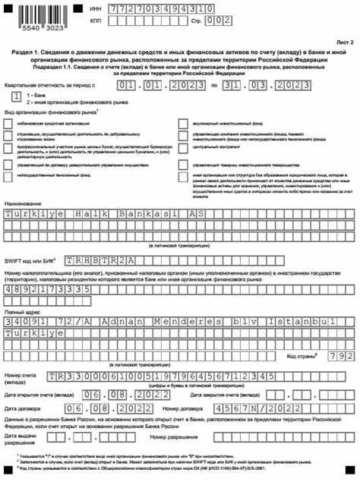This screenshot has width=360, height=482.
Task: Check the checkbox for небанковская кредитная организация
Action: click(8, 121)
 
